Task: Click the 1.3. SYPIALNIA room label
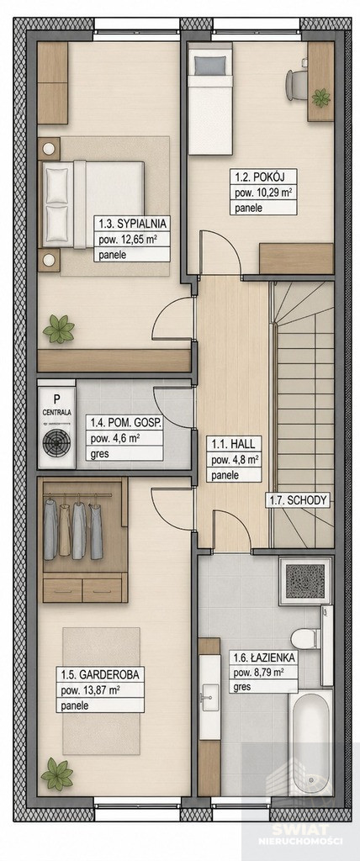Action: coord(132,224)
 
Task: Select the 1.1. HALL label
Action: coord(226,443)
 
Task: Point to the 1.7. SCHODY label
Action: coord(298,499)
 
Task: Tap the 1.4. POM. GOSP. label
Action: coord(124,423)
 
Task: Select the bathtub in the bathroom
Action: coord(310,742)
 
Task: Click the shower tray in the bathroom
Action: coord(305,581)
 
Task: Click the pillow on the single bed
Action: coord(209,66)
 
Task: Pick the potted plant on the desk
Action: coord(321,98)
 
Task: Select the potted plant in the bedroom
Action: coord(59,329)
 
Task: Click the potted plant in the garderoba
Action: coord(56,774)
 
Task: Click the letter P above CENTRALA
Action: coord(56,399)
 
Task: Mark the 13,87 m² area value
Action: coord(102,689)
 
